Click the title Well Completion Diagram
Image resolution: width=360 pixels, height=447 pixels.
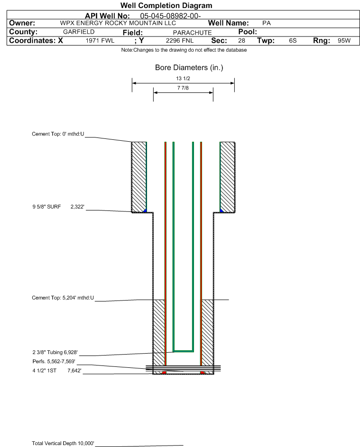(166, 5)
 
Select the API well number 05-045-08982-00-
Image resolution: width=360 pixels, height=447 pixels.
(170, 16)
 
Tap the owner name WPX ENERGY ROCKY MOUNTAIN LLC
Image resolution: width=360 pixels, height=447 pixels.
(118, 23)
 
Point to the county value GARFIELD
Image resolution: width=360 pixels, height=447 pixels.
(79, 32)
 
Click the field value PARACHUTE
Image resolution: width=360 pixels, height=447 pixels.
(192, 33)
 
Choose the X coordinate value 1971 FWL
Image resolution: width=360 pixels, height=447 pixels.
(100, 40)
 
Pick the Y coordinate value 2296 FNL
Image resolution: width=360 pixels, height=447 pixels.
(180, 40)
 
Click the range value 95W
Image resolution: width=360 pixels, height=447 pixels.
(344, 40)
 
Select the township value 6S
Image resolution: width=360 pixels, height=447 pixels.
(293, 40)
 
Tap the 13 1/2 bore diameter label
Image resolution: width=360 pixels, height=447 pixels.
(183, 78)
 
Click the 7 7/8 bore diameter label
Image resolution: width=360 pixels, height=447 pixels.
(183, 88)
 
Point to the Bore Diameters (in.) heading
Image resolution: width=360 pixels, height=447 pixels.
(189, 68)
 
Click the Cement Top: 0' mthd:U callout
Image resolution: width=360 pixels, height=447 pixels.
(58, 134)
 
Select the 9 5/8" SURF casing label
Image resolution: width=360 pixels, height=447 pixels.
(46, 207)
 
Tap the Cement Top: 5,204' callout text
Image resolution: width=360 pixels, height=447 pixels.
(63, 298)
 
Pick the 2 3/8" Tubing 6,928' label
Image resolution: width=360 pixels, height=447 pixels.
(55, 352)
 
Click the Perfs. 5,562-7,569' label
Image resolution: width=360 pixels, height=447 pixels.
(54, 362)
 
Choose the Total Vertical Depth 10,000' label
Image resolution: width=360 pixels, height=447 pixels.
(63, 443)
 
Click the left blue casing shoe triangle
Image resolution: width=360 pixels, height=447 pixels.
(145, 210)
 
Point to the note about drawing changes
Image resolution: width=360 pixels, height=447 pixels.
(184, 50)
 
